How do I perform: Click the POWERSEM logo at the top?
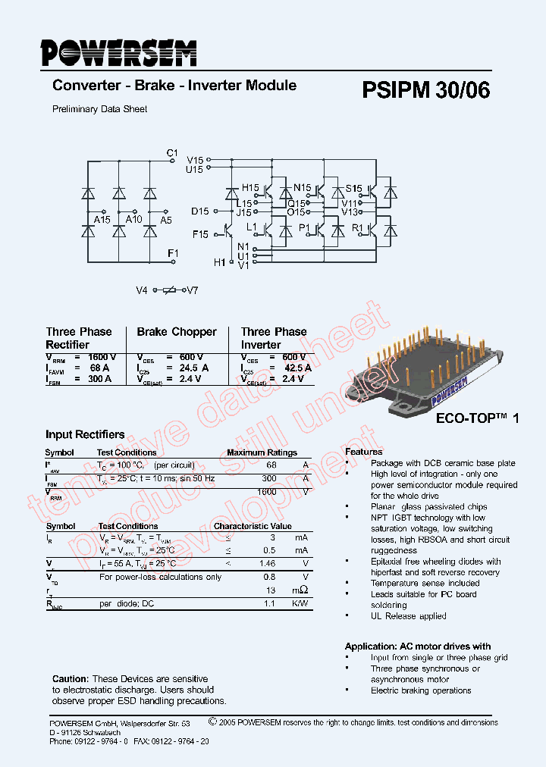click(118, 53)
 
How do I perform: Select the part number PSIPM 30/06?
click(425, 90)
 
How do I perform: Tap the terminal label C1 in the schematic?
click(172, 153)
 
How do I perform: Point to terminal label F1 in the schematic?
click(172, 253)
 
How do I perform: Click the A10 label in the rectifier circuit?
click(134, 220)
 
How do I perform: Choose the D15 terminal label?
click(199, 211)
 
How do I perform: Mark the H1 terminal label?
click(220, 262)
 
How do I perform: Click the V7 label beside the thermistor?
click(192, 291)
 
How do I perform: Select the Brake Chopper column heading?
click(177, 332)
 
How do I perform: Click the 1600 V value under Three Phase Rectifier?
click(102, 357)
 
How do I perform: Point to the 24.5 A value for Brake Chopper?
click(193, 368)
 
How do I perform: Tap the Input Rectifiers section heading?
click(85, 435)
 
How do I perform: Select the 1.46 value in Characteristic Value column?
click(267, 564)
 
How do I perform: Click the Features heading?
click(364, 452)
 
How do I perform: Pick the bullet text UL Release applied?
click(408, 616)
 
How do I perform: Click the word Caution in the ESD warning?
click(70, 679)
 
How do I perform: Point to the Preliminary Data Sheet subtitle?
click(99, 109)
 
